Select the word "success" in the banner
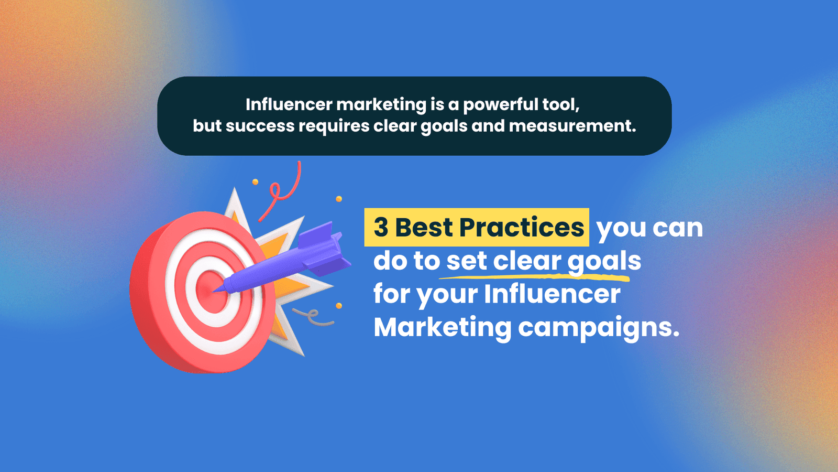tap(260, 126)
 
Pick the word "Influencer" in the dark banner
tap(289, 104)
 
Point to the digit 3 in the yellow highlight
tap(381, 228)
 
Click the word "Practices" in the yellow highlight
tap(522, 228)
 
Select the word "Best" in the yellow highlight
tap(424, 228)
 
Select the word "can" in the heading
tap(678, 228)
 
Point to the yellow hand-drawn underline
tap(535, 277)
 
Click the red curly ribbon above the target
tap(281, 191)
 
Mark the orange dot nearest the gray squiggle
tap(339, 306)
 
